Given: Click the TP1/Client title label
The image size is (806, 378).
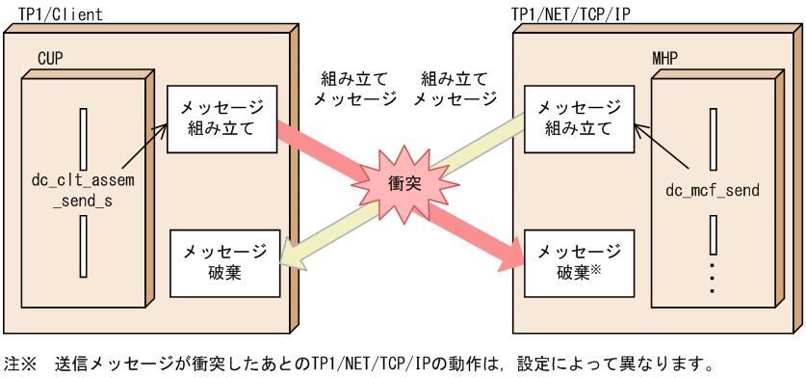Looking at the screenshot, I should point(61,13).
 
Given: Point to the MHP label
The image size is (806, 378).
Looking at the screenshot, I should point(664,60).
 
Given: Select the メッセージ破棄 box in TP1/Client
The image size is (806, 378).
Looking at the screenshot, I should point(224,262).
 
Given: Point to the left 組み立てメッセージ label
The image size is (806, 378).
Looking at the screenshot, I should point(356,87).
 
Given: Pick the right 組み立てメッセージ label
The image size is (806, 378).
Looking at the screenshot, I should point(455,87).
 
